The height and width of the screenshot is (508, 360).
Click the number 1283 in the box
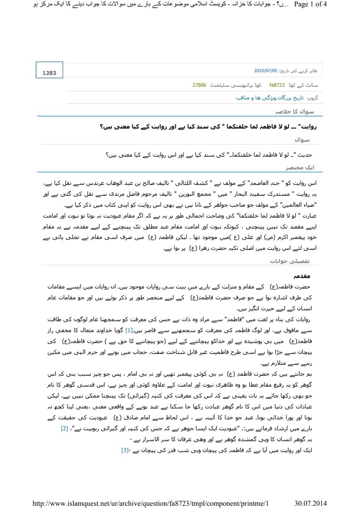49,73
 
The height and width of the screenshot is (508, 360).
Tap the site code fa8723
277,85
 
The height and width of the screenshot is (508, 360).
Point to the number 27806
199,85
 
